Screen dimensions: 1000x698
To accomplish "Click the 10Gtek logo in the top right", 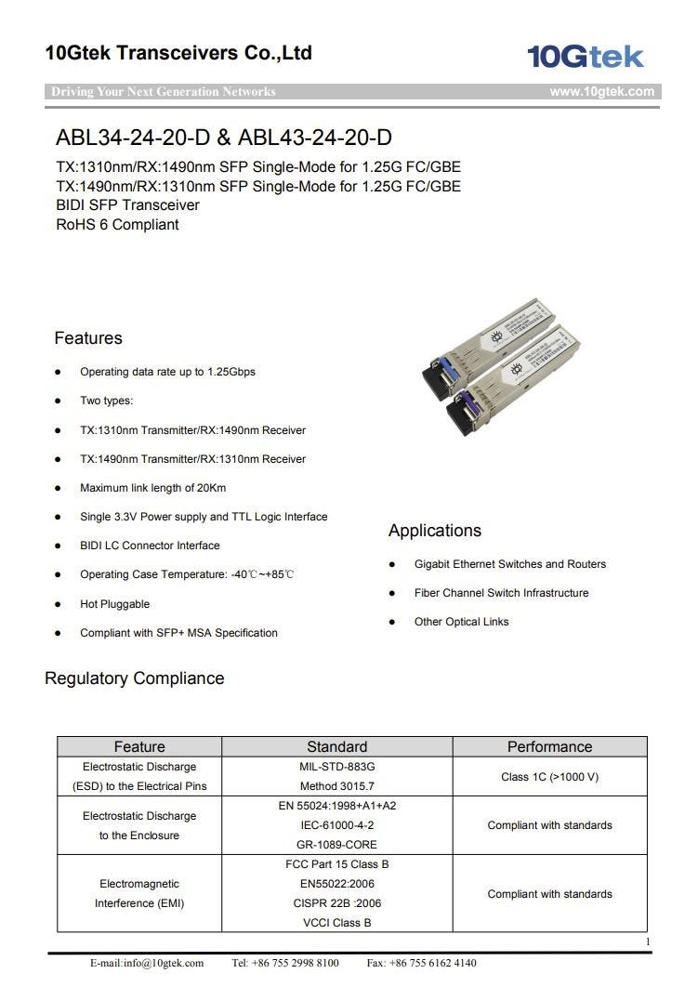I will pyautogui.click(x=585, y=57).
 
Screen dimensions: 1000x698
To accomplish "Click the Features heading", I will pyautogui.click(x=88, y=338).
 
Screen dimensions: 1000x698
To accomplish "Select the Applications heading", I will pyautogui.click(x=435, y=531).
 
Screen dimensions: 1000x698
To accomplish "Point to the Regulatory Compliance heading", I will pyautogui.click(x=135, y=678).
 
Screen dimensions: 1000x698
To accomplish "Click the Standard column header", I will pyautogui.click(x=336, y=747).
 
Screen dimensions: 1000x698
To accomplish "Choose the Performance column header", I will pyautogui.click(x=549, y=747).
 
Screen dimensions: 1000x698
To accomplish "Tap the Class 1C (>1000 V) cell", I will pyautogui.click(x=549, y=777).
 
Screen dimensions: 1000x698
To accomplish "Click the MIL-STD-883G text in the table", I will pyautogui.click(x=336, y=767).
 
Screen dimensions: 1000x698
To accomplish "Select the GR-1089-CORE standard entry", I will pyautogui.click(x=336, y=845).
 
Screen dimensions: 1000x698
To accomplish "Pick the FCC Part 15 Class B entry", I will pyautogui.click(x=336, y=864).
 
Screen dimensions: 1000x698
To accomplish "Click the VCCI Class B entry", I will pyautogui.click(x=336, y=923).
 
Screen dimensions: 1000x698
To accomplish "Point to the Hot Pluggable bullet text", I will pyautogui.click(x=114, y=604).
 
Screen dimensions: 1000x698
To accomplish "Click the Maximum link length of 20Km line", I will pyautogui.click(x=152, y=488).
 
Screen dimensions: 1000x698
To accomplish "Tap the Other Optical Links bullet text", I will pyautogui.click(x=461, y=622).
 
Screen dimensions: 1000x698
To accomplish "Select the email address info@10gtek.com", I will pyautogui.click(x=147, y=963).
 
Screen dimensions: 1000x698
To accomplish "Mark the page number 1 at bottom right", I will pyautogui.click(x=647, y=942).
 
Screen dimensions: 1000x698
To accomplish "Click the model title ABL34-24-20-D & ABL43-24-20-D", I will pyautogui.click(x=224, y=138).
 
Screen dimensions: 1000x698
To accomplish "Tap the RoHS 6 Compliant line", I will pyautogui.click(x=117, y=225).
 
